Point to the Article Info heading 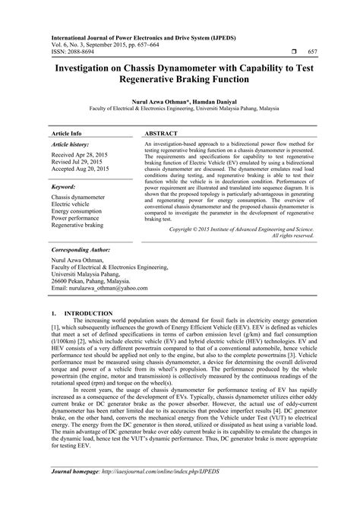(x=66, y=132)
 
